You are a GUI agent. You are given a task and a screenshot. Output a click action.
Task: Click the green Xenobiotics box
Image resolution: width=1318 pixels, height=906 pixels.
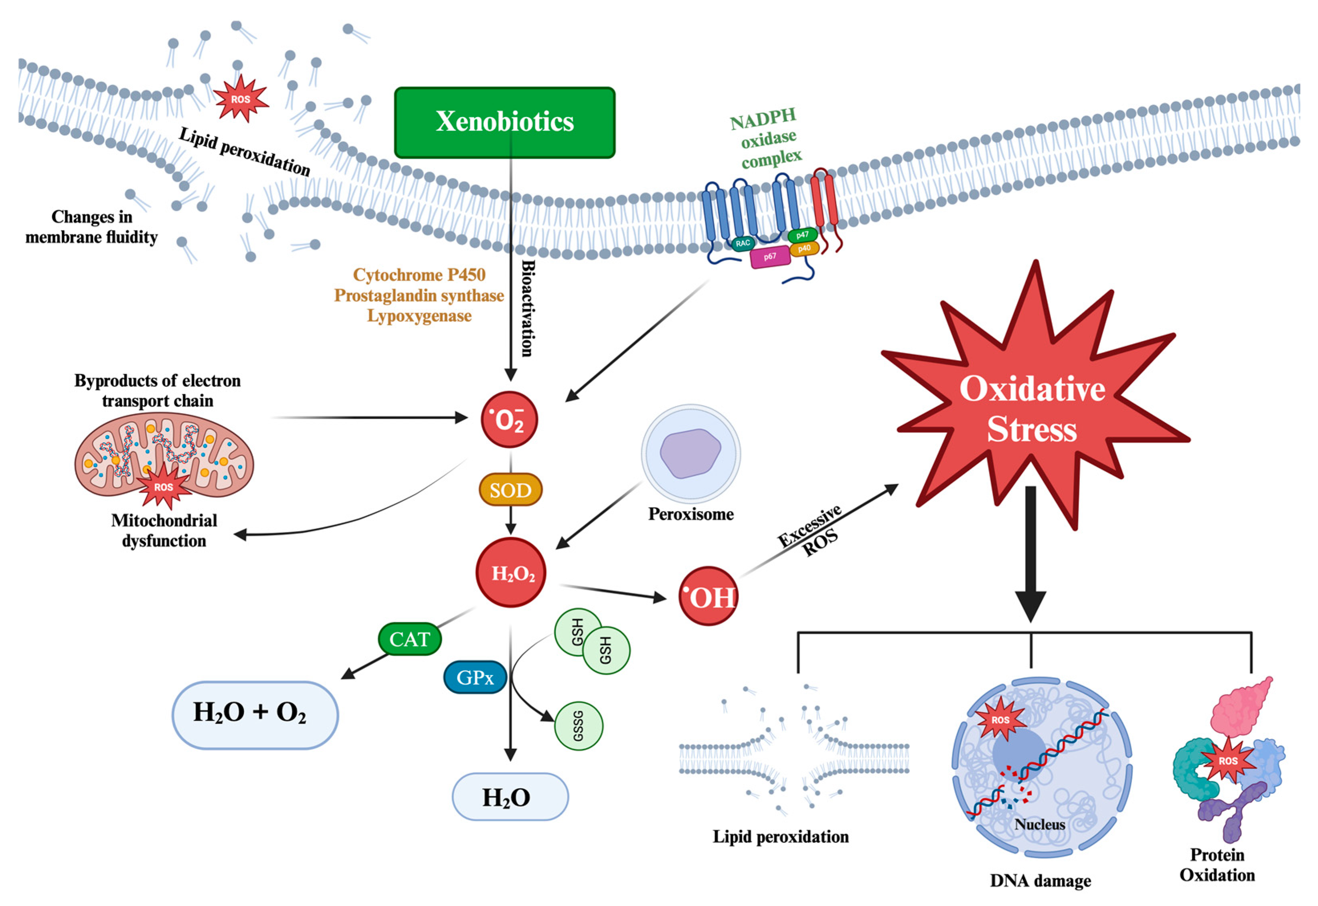(504, 122)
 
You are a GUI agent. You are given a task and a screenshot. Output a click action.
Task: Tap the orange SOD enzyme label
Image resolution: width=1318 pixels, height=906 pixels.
(510, 490)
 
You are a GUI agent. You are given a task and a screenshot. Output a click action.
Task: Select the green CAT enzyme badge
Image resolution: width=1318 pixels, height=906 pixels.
(409, 639)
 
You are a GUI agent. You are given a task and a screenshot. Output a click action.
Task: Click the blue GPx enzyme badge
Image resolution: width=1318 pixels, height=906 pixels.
(475, 677)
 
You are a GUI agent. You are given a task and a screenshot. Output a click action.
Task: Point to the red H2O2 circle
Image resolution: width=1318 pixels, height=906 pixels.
(511, 573)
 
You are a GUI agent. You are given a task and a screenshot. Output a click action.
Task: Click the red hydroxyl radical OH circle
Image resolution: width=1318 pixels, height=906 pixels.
(708, 596)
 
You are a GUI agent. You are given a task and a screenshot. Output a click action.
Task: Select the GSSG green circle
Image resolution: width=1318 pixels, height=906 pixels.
(578, 726)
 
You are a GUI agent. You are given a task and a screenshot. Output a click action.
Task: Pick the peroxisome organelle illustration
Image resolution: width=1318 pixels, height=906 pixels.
(690, 453)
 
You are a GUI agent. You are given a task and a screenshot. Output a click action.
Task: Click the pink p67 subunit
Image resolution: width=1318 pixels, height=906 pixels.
(770, 257)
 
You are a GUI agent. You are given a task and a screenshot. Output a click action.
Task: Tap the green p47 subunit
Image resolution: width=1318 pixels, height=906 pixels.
(802, 235)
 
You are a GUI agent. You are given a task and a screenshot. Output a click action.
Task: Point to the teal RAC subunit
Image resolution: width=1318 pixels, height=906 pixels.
(742, 243)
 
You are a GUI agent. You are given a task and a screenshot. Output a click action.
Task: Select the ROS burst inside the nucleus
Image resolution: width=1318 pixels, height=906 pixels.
(1000, 720)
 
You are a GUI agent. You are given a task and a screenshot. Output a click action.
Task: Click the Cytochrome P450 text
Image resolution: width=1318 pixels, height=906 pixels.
(419, 275)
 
